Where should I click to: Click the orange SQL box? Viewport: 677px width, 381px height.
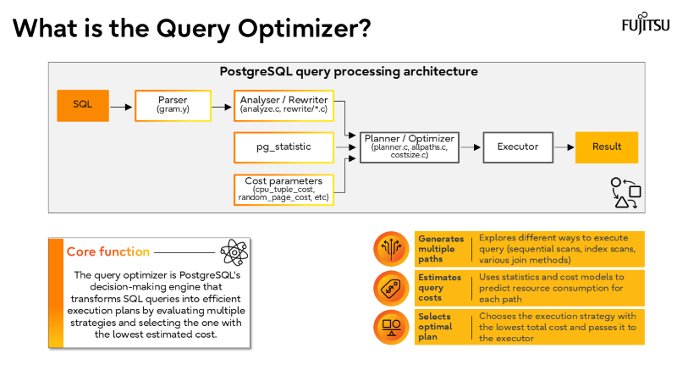click(83, 105)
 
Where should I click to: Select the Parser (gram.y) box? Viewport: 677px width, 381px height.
click(172, 105)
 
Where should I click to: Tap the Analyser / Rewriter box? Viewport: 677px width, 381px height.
click(284, 105)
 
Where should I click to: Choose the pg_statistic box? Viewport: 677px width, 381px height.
click(284, 146)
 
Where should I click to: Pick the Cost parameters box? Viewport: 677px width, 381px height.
click(284, 188)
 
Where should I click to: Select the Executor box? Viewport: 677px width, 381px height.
click(518, 146)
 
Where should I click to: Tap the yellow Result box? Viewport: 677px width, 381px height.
click(606, 146)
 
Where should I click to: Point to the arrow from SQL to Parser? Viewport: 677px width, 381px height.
click(122, 106)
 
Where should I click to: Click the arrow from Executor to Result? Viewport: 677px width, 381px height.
click(564, 146)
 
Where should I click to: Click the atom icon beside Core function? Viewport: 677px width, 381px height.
click(233, 251)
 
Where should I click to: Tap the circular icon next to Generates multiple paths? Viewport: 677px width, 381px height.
click(390, 249)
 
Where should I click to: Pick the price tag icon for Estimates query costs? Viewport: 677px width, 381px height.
click(390, 288)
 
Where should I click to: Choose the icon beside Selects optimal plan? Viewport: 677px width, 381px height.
click(390, 326)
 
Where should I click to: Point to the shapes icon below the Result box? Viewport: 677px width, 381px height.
click(625, 191)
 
